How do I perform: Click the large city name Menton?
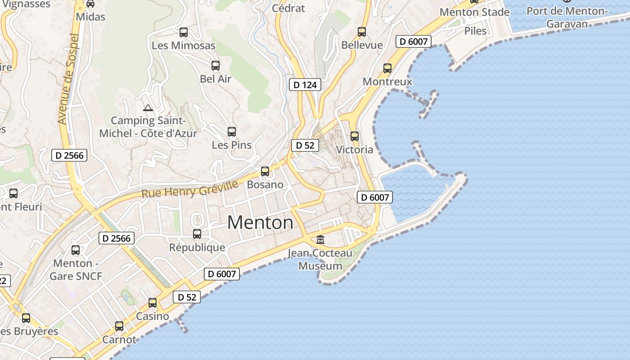260,222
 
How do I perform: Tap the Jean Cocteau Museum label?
320,260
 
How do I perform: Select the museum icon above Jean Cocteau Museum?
320,239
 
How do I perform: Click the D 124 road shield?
305,85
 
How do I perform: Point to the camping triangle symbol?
148,108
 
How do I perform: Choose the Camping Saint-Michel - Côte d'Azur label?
148,127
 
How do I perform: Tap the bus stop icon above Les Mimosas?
184,32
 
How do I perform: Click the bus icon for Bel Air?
216,66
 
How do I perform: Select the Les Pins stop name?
232,145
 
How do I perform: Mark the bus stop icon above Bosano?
265,171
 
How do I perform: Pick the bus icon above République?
197,234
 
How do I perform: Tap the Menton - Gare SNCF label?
76,269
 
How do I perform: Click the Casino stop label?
153,316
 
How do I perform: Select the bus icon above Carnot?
119,326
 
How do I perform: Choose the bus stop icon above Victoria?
355,136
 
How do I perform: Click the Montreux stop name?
387,81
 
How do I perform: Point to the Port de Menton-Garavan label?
567,17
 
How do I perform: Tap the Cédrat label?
288,8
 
